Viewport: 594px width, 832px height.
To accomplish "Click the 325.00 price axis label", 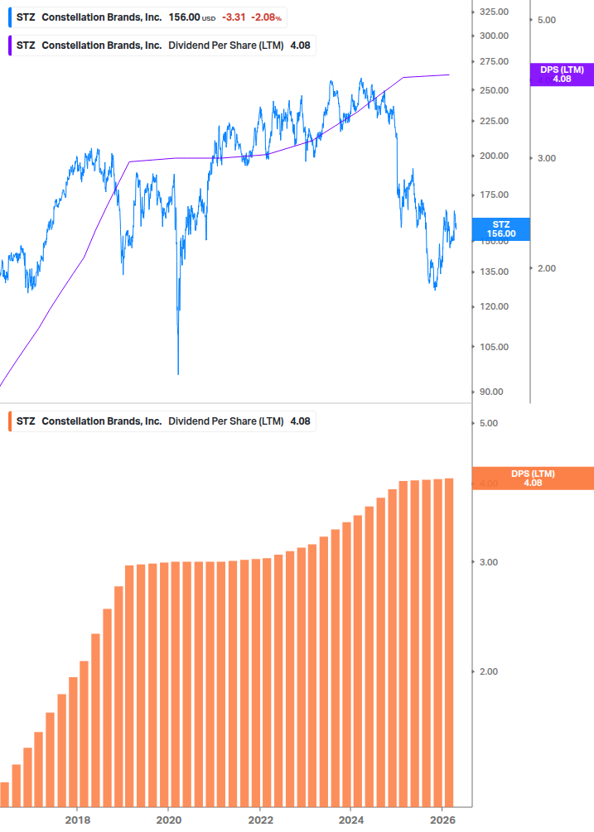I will point(493,12).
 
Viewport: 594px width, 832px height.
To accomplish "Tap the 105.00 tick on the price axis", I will point(493,347).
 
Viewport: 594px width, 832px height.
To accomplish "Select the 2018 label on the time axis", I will point(77,820).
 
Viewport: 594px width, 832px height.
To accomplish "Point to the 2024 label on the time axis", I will point(351,820).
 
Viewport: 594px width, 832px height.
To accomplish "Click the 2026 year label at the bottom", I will point(442,820).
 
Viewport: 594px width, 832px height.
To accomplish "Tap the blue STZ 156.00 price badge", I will point(500,229).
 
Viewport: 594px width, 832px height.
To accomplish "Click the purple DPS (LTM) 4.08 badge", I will point(562,75).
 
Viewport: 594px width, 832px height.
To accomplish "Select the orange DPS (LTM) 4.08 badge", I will point(533,478).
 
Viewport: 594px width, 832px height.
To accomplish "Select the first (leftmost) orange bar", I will point(4,794).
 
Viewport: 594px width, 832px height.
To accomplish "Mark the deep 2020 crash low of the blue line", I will point(178,373).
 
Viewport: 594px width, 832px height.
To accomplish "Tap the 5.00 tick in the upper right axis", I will point(546,19).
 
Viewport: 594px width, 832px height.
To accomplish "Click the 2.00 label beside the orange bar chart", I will point(488,671).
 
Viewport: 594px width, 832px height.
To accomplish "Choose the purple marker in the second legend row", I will point(9,46).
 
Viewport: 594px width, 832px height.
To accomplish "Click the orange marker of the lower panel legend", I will point(9,421).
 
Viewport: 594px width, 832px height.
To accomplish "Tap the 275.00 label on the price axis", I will point(493,62).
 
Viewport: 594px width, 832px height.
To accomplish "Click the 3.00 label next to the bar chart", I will point(488,562).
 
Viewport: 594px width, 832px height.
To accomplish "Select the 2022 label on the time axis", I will point(260,820).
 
